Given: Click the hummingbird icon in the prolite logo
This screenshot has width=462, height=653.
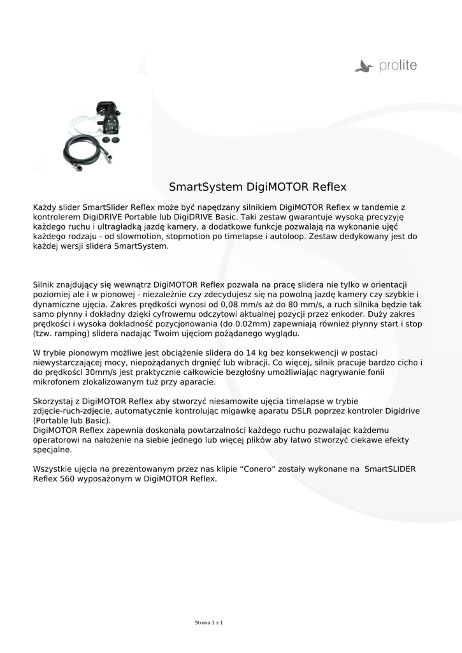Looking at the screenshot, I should pyautogui.click(x=364, y=65).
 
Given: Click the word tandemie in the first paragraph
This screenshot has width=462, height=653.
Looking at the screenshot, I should pyautogui.click(x=379, y=207).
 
